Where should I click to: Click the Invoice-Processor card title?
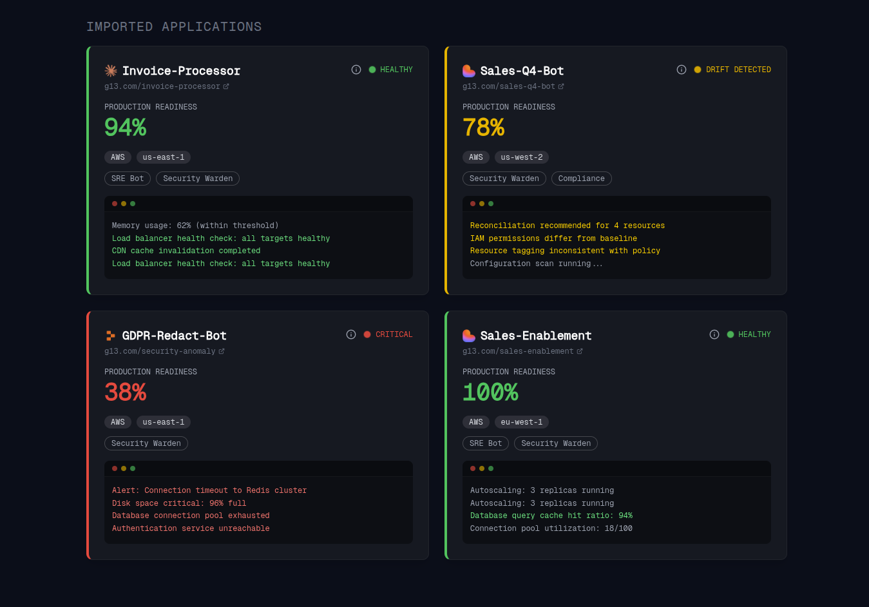181,71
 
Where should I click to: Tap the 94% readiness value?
126,128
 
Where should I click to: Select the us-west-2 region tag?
522,157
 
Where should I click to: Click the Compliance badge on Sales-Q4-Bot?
581,178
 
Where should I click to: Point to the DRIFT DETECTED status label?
738,70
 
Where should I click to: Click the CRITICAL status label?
394,334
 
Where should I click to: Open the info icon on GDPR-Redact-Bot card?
351,334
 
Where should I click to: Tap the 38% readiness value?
126,392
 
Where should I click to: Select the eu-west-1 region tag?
522,422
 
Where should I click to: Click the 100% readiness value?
490,392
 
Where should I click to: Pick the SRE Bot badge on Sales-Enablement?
486,443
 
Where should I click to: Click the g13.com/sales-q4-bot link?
509,86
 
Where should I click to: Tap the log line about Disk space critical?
179,503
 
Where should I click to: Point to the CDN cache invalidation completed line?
186,251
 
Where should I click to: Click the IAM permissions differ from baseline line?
553,238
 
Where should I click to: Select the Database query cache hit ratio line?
551,515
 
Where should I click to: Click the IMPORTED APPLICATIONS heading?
174,27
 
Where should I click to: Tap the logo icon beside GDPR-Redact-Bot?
111,336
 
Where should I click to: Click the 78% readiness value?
484,128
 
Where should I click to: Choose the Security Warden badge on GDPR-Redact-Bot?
146,443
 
